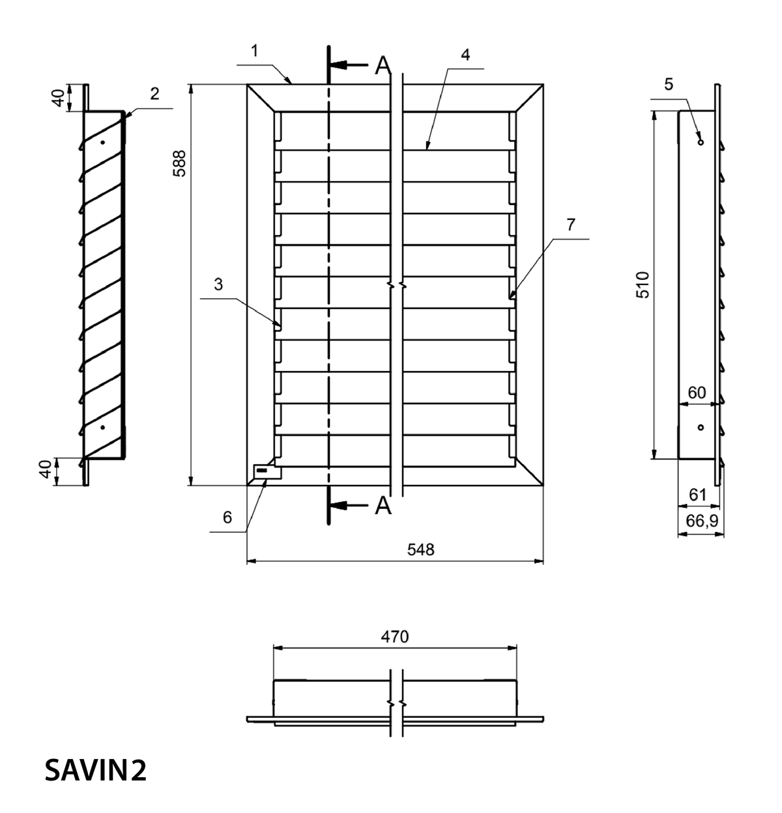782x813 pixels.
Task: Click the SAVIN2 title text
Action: click(95, 770)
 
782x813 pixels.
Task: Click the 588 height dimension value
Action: click(179, 163)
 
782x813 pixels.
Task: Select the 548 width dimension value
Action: click(421, 549)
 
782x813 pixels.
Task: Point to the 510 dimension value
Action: click(643, 284)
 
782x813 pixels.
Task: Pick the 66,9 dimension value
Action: click(702, 521)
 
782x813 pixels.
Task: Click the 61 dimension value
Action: click(697, 495)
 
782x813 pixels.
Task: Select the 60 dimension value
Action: click(697, 393)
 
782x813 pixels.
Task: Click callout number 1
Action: click(255, 51)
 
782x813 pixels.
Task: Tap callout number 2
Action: click(154, 94)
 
